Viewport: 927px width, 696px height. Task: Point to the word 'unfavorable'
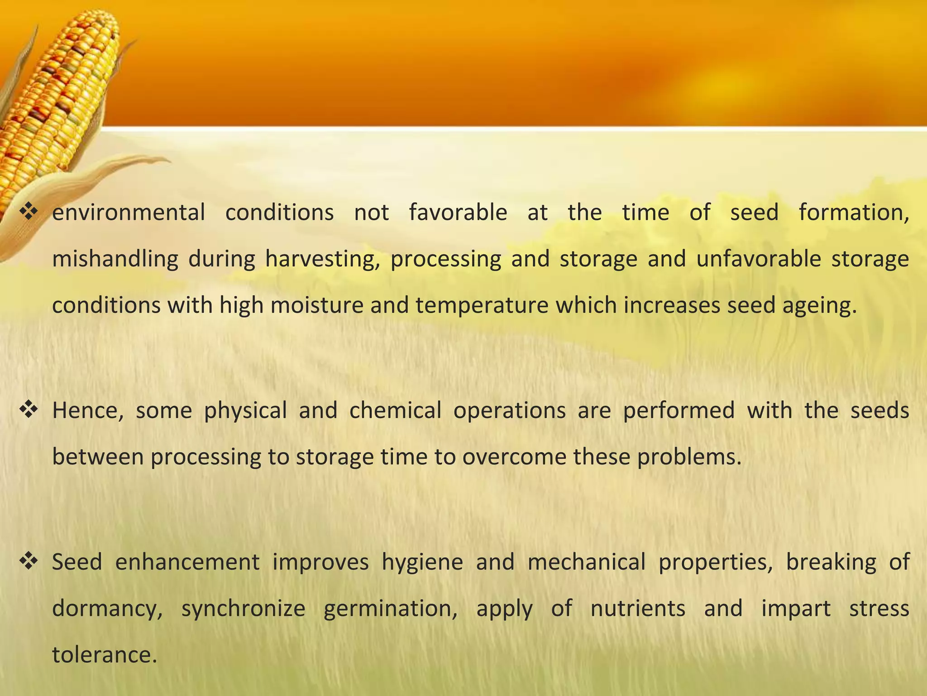pyautogui.click(x=758, y=259)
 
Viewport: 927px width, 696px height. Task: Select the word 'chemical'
pyautogui.click(x=395, y=411)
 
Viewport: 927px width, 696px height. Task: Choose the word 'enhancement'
pyautogui.click(x=187, y=562)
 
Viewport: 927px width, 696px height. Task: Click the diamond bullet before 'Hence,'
pyautogui.click(x=29, y=410)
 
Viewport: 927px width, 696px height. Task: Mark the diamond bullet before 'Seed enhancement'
pyautogui.click(x=29, y=561)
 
